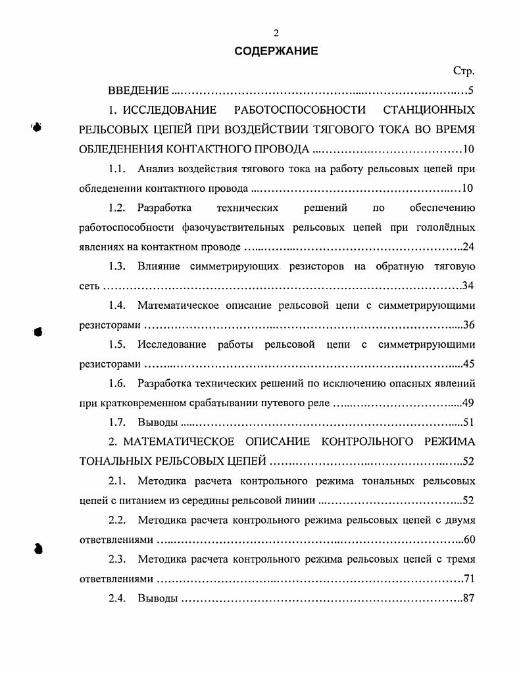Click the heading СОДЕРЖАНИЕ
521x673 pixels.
(276, 51)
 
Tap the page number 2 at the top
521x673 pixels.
(276, 34)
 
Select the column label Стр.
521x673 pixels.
(463, 71)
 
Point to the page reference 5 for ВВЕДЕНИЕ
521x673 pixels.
(471, 91)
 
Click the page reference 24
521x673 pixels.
(468, 247)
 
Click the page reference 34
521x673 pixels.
(468, 286)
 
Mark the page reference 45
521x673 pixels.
(468, 364)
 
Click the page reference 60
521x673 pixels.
(468, 540)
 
